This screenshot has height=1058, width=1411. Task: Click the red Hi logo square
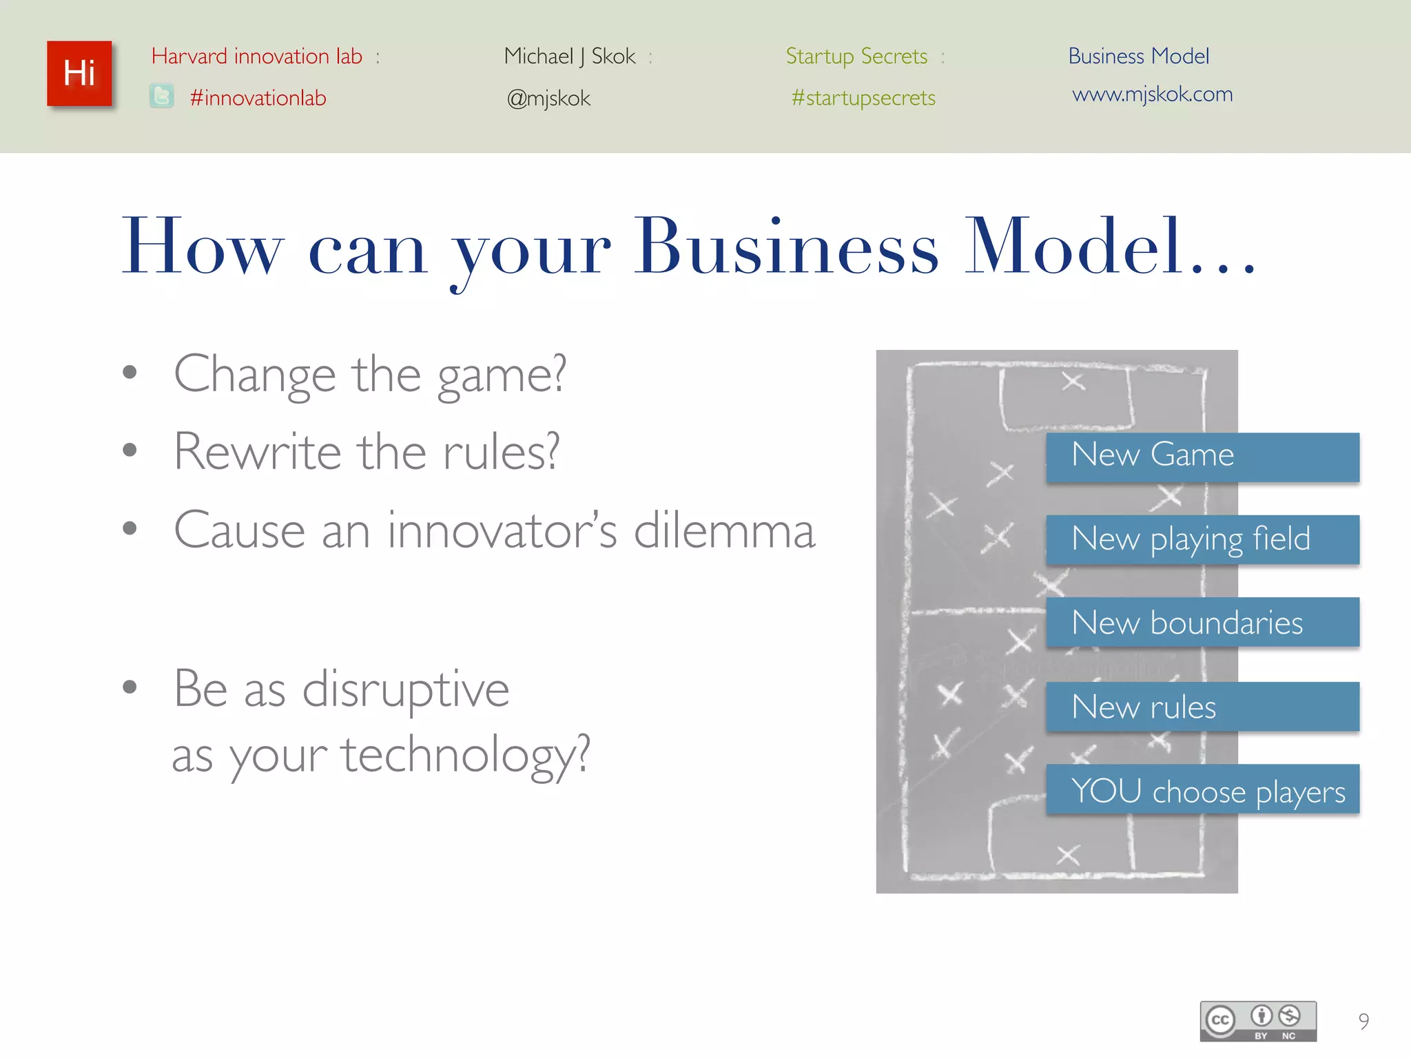tap(79, 74)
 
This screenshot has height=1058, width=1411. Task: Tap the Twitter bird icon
tap(162, 96)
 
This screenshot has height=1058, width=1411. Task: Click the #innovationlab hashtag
tap(258, 98)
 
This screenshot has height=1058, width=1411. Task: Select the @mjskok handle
tap(548, 98)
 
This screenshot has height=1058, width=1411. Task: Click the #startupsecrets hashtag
tap(863, 98)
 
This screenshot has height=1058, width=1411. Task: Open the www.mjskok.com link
tap(1152, 94)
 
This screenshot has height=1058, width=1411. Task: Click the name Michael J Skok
tap(570, 56)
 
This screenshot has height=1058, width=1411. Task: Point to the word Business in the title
tap(785, 247)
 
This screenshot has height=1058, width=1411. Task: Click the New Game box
tap(1202, 457)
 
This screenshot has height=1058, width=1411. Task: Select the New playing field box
tap(1202, 539)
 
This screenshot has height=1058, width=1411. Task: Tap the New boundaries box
tap(1202, 622)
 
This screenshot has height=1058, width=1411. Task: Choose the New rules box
tap(1202, 706)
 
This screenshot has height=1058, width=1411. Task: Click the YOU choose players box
tap(1202, 789)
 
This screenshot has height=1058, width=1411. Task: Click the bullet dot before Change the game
tap(130, 373)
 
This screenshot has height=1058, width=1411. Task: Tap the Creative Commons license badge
tap(1258, 1020)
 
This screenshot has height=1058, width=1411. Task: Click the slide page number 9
tap(1363, 1021)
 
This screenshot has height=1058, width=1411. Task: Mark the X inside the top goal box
tap(1073, 381)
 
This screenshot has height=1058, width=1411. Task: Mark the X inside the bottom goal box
tap(1068, 855)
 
